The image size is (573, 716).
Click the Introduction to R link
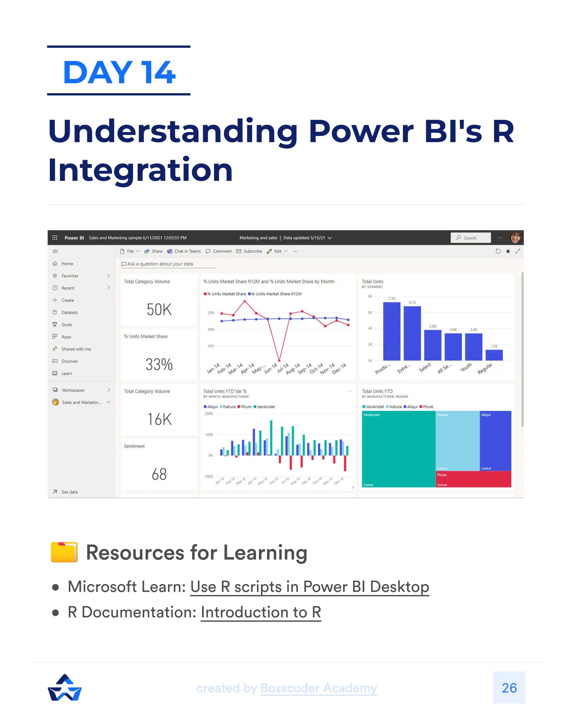pos(261,612)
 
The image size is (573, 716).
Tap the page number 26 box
pos(509,688)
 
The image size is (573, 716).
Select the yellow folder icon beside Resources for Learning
pos(64,552)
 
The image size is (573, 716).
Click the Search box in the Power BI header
pos(470,238)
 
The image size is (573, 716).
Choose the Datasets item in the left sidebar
pos(69,312)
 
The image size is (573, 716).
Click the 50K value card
pos(159,310)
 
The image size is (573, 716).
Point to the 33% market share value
pos(159,364)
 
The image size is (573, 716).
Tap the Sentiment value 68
pos(159,474)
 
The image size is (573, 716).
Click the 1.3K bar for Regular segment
pos(494,355)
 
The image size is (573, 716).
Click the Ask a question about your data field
pos(168,264)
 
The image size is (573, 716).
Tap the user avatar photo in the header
pos(515,238)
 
